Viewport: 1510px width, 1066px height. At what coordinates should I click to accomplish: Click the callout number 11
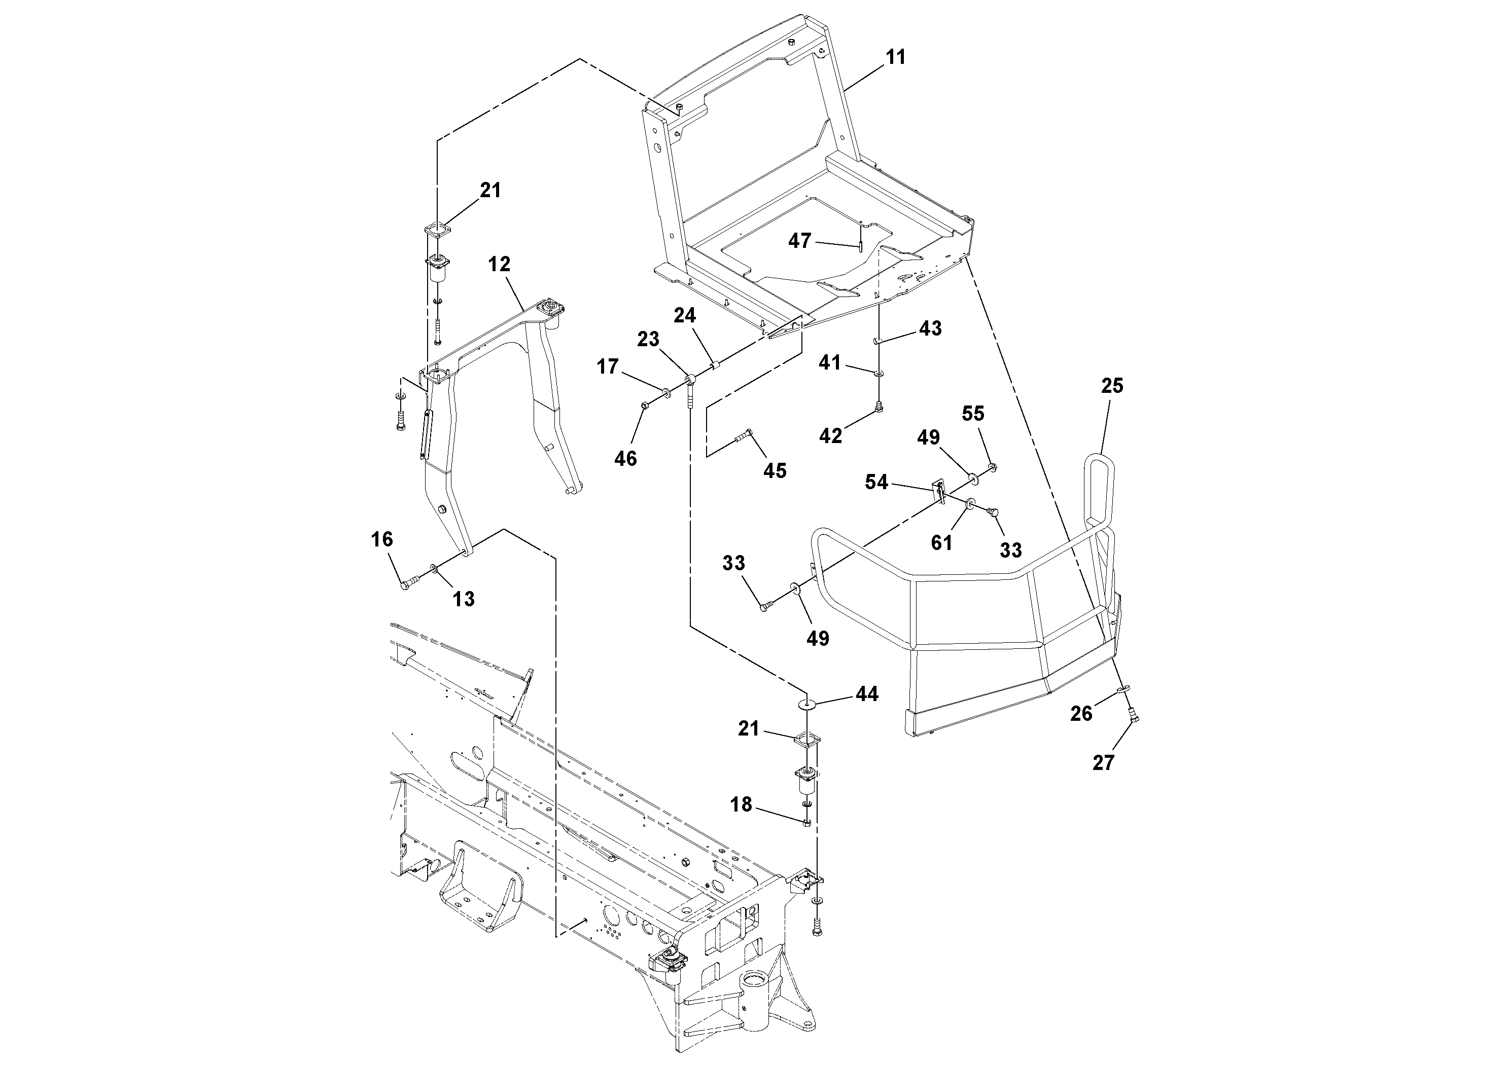(x=896, y=57)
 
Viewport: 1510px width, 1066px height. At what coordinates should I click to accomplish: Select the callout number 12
(x=499, y=264)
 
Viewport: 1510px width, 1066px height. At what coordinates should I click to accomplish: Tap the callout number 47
(x=800, y=241)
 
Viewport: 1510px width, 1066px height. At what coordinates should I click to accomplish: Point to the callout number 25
(x=1112, y=386)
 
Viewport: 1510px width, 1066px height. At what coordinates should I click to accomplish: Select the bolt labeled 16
(x=408, y=583)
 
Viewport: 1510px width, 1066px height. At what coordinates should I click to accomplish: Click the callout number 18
(x=741, y=804)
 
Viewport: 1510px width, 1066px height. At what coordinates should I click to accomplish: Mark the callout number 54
(x=876, y=483)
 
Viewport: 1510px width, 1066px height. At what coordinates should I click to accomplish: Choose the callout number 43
(x=930, y=328)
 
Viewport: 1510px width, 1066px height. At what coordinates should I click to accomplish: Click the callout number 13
(x=464, y=599)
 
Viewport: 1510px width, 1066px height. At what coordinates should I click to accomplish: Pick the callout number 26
(x=1081, y=713)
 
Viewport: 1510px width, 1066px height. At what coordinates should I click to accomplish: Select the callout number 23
(x=648, y=339)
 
